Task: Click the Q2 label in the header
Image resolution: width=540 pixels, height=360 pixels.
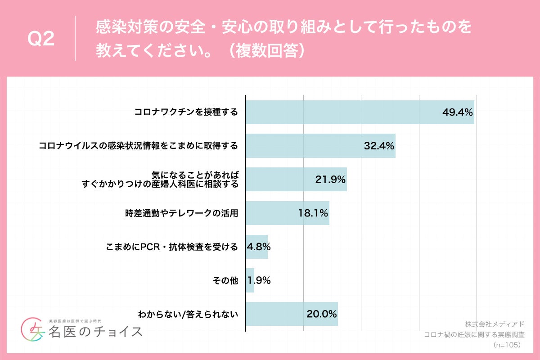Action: coord(41,40)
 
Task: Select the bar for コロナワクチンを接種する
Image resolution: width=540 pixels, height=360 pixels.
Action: coord(342,112)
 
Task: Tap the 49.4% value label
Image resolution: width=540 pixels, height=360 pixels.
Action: coord(457,112)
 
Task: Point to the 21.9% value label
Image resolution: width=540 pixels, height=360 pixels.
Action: coord(330,180)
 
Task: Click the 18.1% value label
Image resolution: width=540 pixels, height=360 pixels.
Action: coord(313,213)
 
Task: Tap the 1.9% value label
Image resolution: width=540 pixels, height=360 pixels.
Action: coord(259,281)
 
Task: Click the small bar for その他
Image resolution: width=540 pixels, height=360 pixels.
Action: coord(250,281)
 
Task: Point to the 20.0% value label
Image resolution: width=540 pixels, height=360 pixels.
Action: coord(322,314)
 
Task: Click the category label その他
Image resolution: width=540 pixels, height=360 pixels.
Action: coord(225,281)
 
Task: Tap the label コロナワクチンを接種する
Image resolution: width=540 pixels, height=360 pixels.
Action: coord(186,112)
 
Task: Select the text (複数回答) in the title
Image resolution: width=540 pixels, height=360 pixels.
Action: coord(265,51)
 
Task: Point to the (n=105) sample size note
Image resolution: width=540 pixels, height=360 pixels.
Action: coord(507,345)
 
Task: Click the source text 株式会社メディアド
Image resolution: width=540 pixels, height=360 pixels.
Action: coord(495,324)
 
